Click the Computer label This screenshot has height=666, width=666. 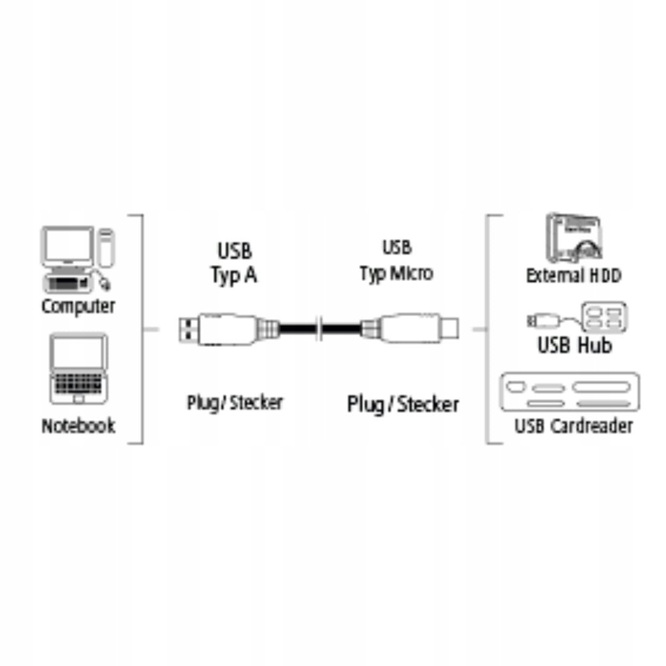coord(77,306)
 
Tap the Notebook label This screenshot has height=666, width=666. coord(77,426)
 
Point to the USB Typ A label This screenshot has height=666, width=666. coord(234,263)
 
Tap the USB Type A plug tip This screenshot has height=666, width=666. coord(188,329)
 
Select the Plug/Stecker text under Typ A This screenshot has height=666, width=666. coord(234,403)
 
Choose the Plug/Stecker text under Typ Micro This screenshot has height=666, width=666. coord(403,404)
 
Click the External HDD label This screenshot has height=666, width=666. coord(573,276)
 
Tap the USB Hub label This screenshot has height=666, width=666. coord(574,346)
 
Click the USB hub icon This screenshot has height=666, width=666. coord(604,316)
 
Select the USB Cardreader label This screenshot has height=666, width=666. coord(573,426)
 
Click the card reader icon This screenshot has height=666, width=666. coord(570,392)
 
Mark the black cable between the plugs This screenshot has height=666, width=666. coord(297,329)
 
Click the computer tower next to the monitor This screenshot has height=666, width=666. coord(106,247)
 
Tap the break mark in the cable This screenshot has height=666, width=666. coord(319,329)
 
